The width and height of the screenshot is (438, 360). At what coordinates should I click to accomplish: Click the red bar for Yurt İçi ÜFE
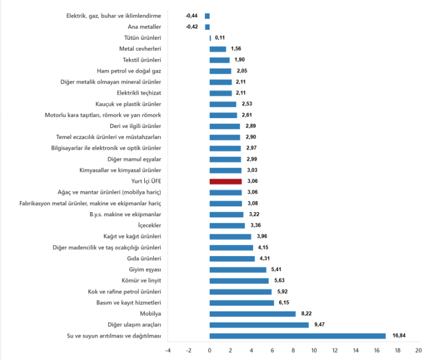[x=225, y=181]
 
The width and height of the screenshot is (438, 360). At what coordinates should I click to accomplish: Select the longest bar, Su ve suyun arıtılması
[x=297, y=335]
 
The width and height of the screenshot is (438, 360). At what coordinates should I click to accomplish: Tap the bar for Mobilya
[x=252, y=313]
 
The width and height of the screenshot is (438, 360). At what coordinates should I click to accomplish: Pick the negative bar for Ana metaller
[x=207, y=27]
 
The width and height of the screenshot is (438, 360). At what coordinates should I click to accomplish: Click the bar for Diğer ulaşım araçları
[x=259, y=324]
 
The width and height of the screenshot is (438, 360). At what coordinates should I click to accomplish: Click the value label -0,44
[x=192, y=16]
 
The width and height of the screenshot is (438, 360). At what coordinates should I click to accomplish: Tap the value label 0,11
[x=220, y=38]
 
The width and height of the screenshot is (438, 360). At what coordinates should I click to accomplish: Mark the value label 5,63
[x=279, y=281]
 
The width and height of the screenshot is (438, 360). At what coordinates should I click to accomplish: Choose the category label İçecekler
[x=149, y=225]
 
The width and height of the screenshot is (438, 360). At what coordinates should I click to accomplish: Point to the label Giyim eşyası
[x=145, y=269]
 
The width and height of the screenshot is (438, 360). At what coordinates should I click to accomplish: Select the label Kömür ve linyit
[x=142, y=281]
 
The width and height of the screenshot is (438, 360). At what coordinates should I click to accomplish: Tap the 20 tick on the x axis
[x=418, y=350]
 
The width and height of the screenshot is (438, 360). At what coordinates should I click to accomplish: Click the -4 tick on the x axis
[x=168, y=350]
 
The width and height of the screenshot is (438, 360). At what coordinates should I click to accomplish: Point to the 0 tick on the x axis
[x=210, y=350]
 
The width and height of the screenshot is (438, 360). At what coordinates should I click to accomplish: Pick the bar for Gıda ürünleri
[x=232, y=258]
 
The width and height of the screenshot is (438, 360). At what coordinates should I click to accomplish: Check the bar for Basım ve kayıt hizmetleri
[x=242, y=302]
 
